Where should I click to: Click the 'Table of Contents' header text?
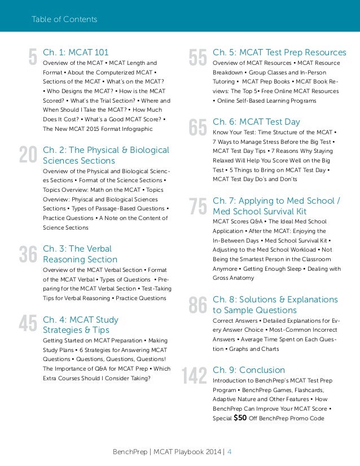tap(64, 20)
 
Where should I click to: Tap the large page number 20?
tap(28, 156)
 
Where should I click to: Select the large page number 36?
tap(28, 254)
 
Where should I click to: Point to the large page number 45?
tap(28, 324)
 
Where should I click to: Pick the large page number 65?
tap(197, 128)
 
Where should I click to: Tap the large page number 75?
tap(197, 206)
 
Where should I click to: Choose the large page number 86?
tap(197, 305)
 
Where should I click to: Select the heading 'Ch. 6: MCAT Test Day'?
tap(256, 122)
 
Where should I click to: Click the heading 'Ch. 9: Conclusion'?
tap(249, 370)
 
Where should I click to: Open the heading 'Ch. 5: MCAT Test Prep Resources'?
tap(279, 52)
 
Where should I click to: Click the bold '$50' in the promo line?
tap(240, 418)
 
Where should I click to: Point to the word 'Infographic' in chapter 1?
tap(136, 129)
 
